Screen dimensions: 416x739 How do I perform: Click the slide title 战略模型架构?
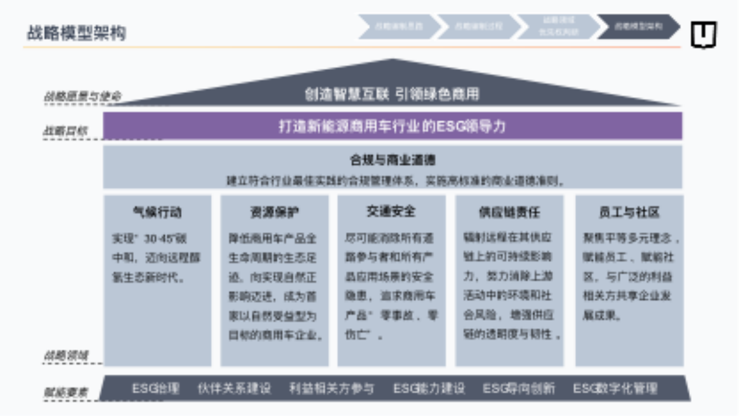click(76, 33)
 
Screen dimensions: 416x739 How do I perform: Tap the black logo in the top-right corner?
click(703, 35)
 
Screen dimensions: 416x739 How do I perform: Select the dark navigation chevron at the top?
click(638, 27)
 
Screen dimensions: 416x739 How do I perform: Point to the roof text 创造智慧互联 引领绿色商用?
click(392, 94)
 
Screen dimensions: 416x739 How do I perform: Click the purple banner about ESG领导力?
click(392, 126)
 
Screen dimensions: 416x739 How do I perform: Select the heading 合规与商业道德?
click(392, 159)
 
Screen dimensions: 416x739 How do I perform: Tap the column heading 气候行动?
click(157, 213)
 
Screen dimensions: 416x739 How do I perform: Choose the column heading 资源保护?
click(274, 213)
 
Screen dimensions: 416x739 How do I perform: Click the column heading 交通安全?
click(391, 211)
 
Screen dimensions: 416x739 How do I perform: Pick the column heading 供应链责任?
click(509, 213)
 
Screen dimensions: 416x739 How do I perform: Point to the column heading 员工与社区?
click(629, 213)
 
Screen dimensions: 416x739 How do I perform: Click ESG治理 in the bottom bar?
click(155, 388)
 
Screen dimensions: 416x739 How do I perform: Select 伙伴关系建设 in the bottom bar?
click(234, 388)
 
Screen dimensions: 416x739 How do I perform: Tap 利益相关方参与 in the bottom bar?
click(331, 388)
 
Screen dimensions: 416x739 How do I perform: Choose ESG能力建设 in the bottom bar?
click(429, 388)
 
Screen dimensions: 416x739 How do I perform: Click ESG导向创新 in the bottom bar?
click(518, 388)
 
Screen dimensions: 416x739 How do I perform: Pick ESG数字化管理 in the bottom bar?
click(615, 388)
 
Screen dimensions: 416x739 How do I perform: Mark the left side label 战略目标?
click(66, 131)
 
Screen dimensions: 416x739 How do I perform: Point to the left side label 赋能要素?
click(66, 392)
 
